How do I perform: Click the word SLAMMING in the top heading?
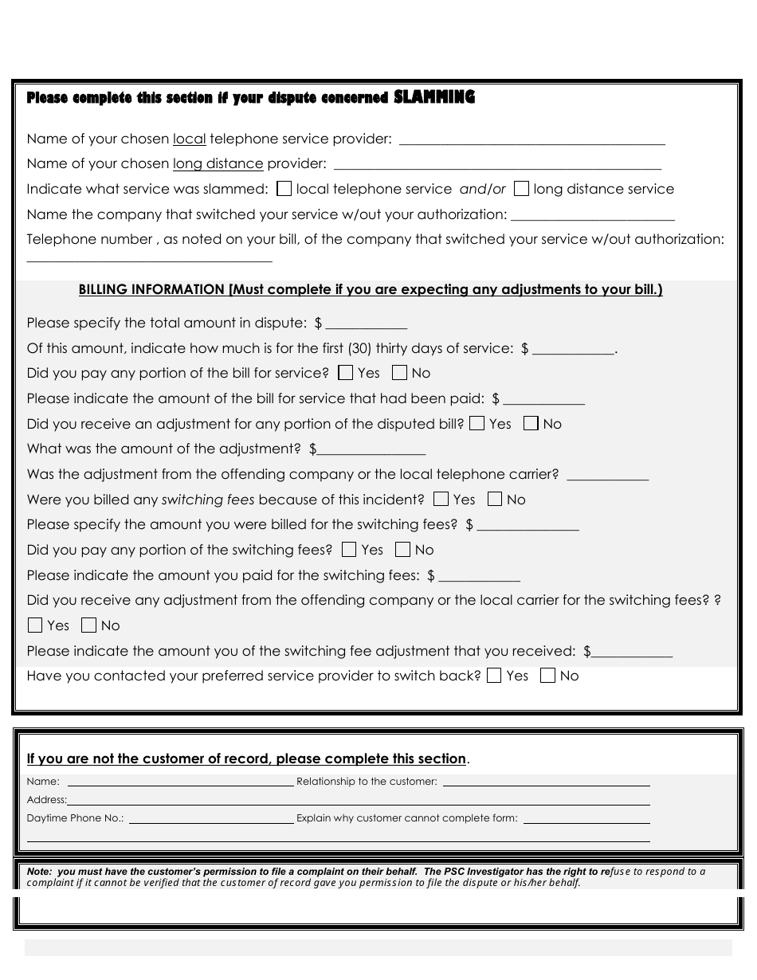pyautogui.click(x=434, y=97)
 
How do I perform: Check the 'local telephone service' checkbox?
pyautogui.click(x=284, y=189)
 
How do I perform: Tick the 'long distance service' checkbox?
pyautogui.click(x=521, y=189)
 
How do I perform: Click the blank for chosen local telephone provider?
pyautogui.click(x=531, y=140)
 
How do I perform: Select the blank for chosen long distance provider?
pyautogui.click(x=497, y=165)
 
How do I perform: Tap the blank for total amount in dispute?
pyautogui.click(x=367, y=324)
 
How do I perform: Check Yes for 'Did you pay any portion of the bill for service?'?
pyautogui.click(x=346, y=372)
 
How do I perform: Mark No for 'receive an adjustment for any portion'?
pyautogui.click(x=531, y=423)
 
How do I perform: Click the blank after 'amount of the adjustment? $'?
pyautogui.click(x=371, y=450)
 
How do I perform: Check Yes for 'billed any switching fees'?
pyautogui.click(x=441, y=500)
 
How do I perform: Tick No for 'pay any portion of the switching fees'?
pyautogui.click(x=403, y=549)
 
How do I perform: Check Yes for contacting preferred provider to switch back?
pyautogui.click(x=494, y=676)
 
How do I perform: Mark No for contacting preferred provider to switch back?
pyautogui.click(x=547, y=676)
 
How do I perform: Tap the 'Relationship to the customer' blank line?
pyautogui.click(x=546, y=782)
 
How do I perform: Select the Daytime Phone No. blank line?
pyautogui.click(x=211, y=818)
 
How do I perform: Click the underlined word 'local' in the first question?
pyautogui.click(x=189, y=139)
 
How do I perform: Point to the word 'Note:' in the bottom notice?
pyautogui.click(x=39, y=872)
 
